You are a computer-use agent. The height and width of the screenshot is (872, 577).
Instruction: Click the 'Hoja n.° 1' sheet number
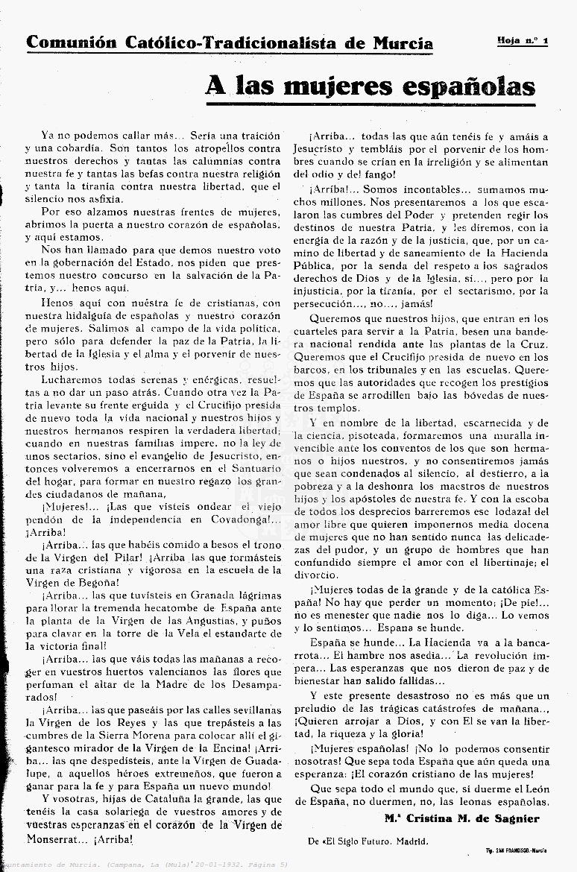tap(522, 40)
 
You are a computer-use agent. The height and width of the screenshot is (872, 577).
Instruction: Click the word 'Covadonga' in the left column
tap(230, 519)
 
